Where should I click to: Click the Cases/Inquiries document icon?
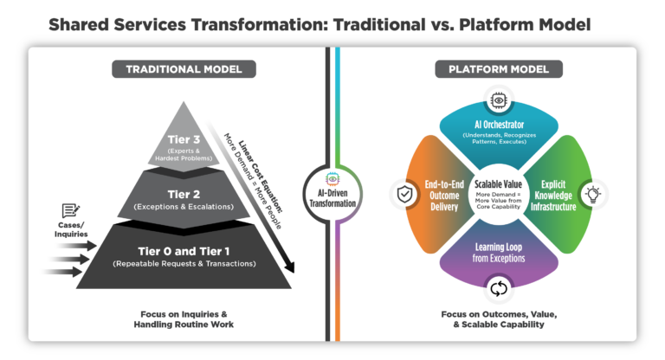coord(71,210)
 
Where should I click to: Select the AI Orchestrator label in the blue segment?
coord(497,125)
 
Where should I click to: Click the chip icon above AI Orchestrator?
coord(498,101)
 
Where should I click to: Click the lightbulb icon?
coord(594,192)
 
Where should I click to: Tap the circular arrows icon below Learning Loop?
coord(498,288)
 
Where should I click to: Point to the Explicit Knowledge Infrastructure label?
coord(552,195)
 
